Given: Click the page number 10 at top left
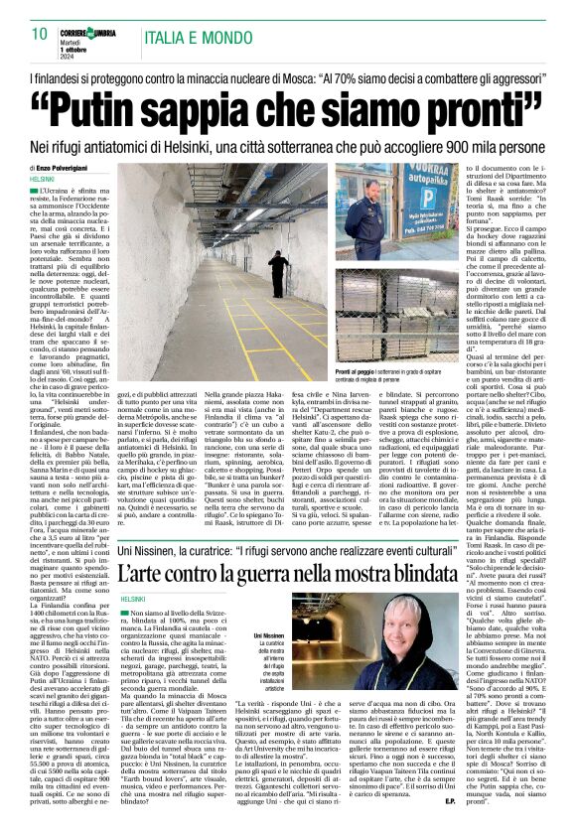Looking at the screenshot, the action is click(x=40, y=34).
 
